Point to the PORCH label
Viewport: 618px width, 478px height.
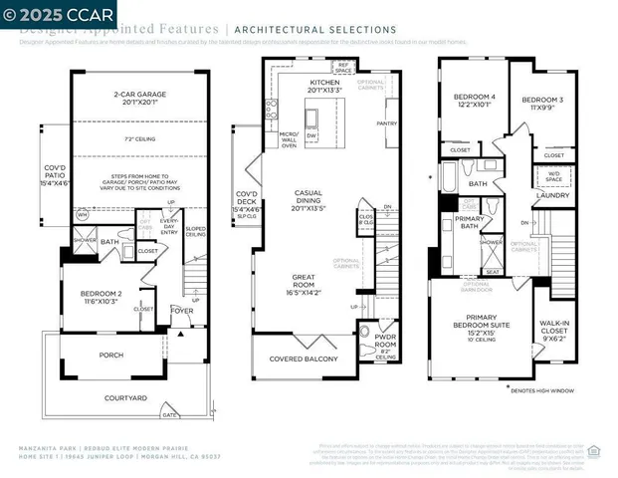(x=110, y=355)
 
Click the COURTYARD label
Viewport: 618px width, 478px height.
(x=125, y=397)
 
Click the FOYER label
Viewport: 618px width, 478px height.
(x=182, y=310)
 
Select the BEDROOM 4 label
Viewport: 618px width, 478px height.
(x=473, y=98)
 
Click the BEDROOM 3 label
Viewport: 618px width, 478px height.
(x=541, y=101)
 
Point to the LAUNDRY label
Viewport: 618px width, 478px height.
(x=551, y=195)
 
